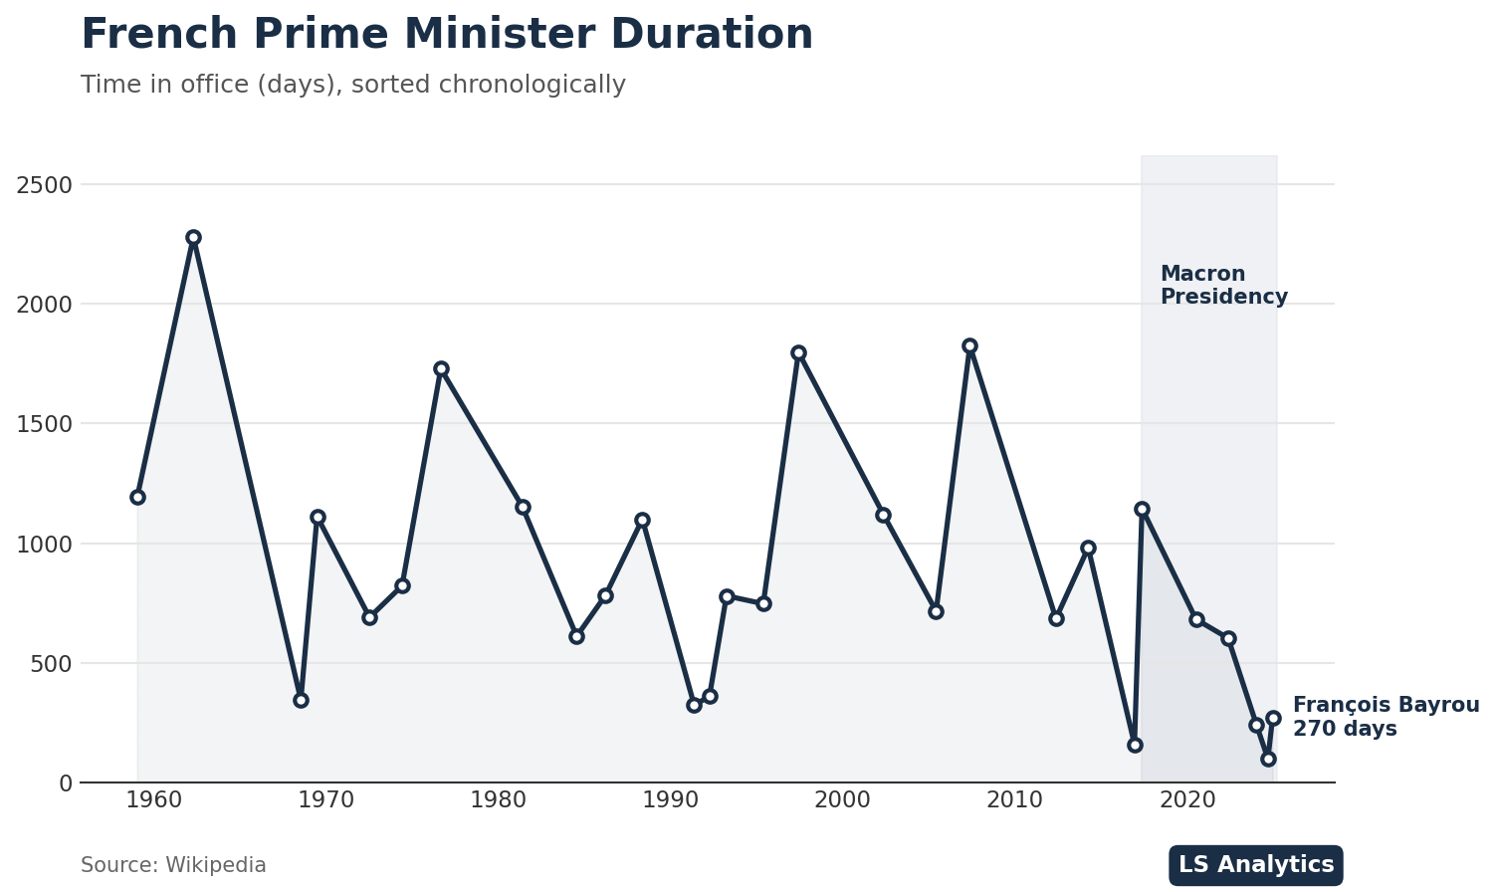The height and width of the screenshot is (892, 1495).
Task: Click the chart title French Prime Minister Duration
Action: pos(447,35)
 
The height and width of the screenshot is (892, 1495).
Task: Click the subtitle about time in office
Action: pos(353,86)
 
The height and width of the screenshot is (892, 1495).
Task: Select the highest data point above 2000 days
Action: pos(193,238)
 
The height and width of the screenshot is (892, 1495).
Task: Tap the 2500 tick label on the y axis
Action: pos(44,185)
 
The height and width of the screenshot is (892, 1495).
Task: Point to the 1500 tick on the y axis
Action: pos(44,424)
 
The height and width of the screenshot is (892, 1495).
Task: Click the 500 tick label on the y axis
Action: pos(51,663)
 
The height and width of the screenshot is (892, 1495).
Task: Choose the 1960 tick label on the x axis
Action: pos(154,800)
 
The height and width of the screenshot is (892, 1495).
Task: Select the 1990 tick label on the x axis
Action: pos(671,800)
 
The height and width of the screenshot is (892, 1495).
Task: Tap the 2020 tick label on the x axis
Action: pos(1187,800)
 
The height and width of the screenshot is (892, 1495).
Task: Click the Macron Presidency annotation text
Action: pos(1223,286)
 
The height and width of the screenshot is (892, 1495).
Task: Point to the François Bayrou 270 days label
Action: pos(1386,717)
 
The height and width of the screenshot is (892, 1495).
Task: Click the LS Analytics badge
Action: pos(1256,865)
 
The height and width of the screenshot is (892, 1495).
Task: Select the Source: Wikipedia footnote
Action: pos(173,866)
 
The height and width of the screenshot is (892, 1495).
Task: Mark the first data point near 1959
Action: pos(137,497)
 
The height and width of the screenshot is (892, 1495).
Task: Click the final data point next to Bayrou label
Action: pos(1273,718)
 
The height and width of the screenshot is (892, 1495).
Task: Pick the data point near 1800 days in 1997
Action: pos(798,353)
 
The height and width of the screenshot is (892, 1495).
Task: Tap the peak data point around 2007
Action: pos(969,346)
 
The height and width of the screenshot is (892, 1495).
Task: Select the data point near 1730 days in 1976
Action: pos(441,368)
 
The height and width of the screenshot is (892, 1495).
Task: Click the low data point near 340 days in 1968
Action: pos(301,700)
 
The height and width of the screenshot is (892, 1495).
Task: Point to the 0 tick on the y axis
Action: pos(66,783)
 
